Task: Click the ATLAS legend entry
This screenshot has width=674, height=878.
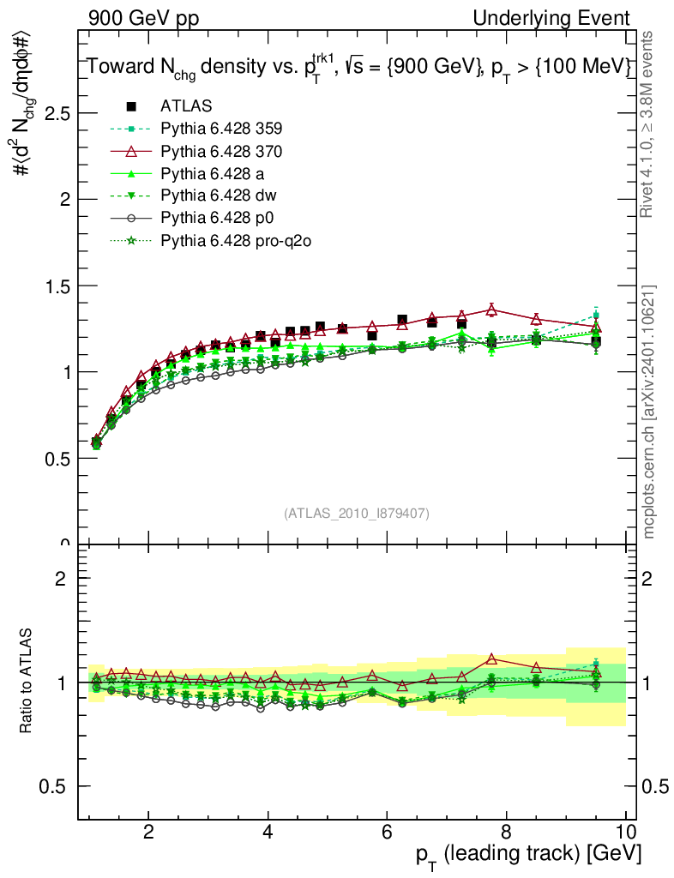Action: click(186, 106)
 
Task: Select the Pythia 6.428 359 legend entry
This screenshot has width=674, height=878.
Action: click(221, 129)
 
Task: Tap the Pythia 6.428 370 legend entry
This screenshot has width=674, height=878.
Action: click(221, 151)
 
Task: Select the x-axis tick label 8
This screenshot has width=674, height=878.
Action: click(506, 833)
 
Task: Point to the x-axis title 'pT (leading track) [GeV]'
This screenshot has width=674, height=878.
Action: click(529, 854)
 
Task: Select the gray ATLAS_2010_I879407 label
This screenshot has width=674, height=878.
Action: click(357, 514)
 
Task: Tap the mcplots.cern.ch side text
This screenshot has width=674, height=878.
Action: click(649, 412)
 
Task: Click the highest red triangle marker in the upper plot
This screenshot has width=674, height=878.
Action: click(492, 309)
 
